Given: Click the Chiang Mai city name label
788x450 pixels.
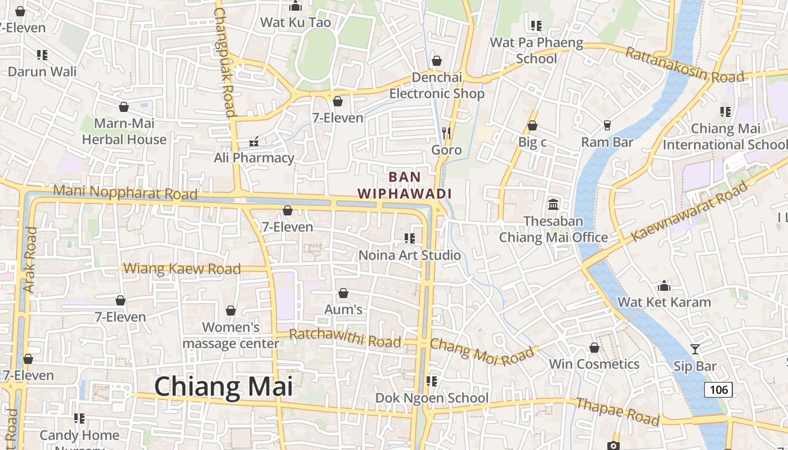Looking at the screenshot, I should click(223, 387).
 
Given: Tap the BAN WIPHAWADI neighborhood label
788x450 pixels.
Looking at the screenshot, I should click(405, 185).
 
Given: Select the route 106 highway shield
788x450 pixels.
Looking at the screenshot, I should click(718, 389).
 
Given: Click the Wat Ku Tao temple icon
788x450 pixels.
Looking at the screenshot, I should click(295, 6).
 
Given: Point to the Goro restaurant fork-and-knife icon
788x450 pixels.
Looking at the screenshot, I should click(446, 133).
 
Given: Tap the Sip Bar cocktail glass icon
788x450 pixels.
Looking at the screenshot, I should click(695, 349).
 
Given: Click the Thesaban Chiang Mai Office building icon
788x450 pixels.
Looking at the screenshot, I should click(553, 204).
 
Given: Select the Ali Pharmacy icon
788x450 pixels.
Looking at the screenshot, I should click(254, 141).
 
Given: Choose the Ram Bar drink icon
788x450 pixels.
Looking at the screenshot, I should click(607, 125).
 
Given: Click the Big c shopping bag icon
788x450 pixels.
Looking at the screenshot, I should click(532, 125).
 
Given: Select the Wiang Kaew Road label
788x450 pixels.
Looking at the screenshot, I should click(182, 268).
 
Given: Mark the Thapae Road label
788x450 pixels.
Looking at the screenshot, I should click(617, 411).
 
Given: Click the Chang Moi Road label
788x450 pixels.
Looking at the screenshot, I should click(482, 352).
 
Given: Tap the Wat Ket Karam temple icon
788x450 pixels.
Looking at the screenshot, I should click(664, 286).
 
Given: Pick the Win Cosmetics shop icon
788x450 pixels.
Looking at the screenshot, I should click(594, 348).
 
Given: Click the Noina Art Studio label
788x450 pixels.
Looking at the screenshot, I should click(410, 255).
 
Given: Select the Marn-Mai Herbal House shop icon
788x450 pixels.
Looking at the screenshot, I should click(124, 107).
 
